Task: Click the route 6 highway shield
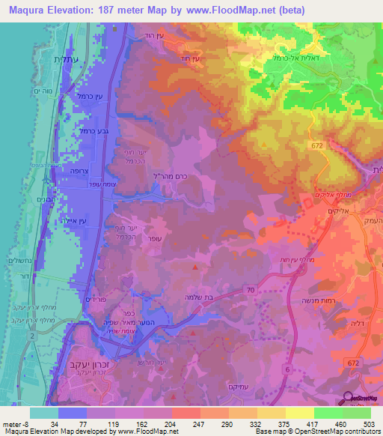pos(287,369)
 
